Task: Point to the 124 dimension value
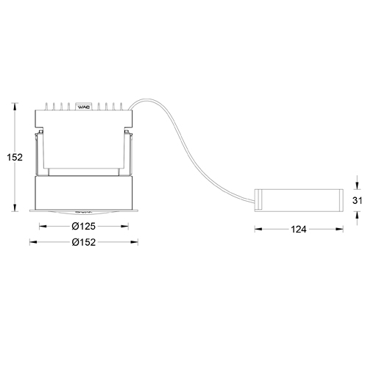(x=298, y=230)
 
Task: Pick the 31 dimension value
(x=358, y=200)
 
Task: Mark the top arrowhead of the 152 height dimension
(x=17, y=106)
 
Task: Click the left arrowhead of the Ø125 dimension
(x=41, y=226)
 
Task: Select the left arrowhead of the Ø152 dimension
(x=31, y=241)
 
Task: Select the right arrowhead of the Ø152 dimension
(x=136, y=241)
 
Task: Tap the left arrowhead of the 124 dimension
(x=258, y=230)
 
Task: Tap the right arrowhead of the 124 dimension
(x=339, y=230)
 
